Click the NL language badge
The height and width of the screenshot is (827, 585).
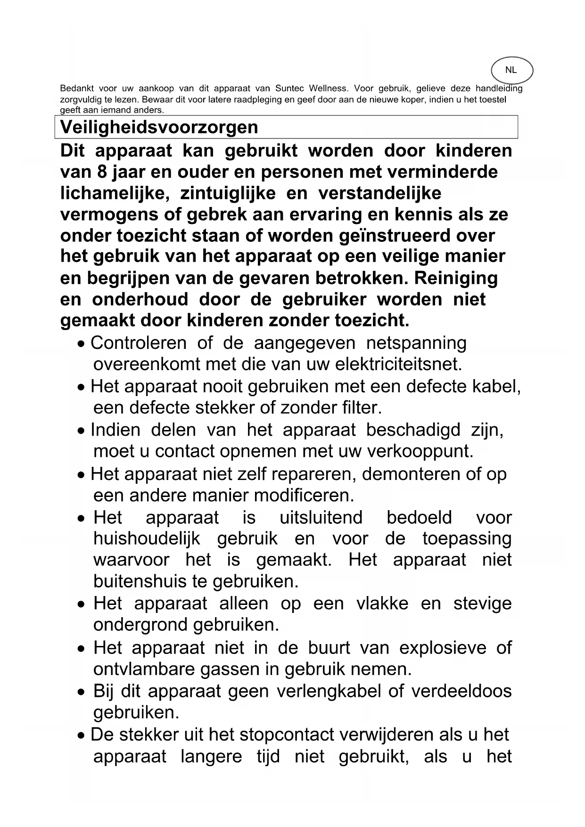(x=511, y=70)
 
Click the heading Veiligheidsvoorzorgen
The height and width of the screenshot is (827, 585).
(x=159, y=127)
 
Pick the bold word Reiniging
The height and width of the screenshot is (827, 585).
(x=456, y=278)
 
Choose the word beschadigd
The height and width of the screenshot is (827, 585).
(x=413, y=430)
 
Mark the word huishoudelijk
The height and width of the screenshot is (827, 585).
(x=147, y=538)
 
